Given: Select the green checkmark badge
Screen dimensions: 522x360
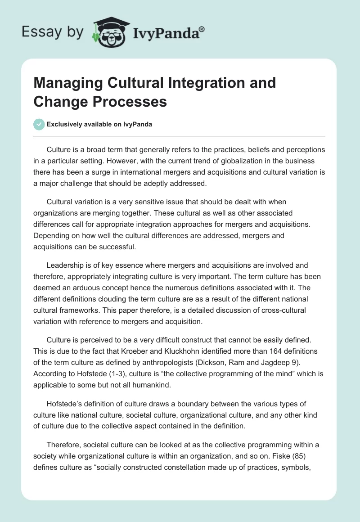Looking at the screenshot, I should tap(40, 124).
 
